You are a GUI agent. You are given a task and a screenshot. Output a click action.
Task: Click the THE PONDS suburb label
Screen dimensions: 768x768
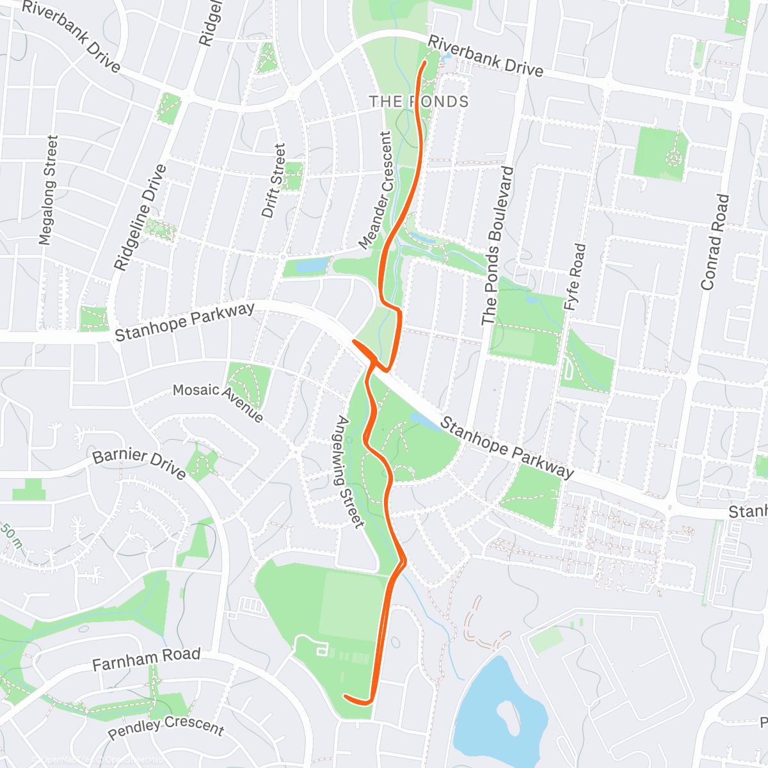(x=419, y=102)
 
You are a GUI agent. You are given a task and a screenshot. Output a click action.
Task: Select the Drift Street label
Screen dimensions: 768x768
(x=273, y=180)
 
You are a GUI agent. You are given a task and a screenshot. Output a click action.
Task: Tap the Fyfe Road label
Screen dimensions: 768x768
(x=574, y=277)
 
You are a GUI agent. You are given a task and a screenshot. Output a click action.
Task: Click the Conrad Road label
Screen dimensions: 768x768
(x=715, y=242)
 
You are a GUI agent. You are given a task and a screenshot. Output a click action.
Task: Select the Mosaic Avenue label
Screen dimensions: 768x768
(x=218, y=403)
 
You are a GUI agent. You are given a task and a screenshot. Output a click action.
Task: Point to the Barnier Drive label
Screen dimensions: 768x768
(x=140, y=464)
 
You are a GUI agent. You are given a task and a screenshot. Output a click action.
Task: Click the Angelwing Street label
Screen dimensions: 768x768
(x=350, y=472)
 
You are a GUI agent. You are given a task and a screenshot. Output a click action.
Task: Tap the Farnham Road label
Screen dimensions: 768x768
(x=146, y=659)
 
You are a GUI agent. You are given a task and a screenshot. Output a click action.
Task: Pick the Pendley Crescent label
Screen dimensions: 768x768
(x=166, y=727)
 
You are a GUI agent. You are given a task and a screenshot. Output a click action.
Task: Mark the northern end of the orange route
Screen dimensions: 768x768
(x=425, y=63)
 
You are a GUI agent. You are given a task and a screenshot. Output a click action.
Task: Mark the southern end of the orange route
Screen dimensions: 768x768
(x=346, y=696)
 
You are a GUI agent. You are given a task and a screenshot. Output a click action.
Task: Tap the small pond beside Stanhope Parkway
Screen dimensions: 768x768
(x=423, y=420)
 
